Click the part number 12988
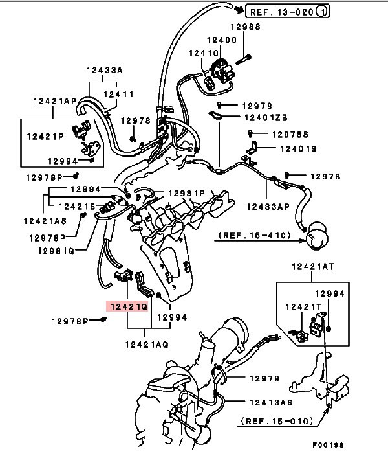[246, 27]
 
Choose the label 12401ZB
[265, 118]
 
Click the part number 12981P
[186, 193]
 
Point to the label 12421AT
[312, 266]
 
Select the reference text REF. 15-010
[279, 422]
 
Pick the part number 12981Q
[55, 250]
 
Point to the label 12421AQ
[147, 345]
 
